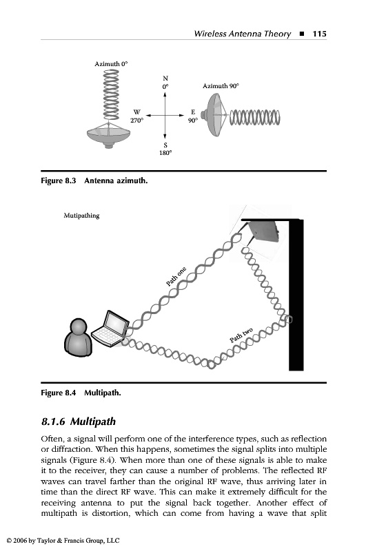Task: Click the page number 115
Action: point(319,34)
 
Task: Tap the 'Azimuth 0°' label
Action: point(111,64)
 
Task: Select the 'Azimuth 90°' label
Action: point(221,85)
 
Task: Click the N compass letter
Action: point(165,78)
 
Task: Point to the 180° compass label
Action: point(165,153)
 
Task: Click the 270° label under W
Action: point(136,120)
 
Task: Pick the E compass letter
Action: point(193,112)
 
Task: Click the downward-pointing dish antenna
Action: point(109,135)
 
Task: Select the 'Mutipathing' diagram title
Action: point(81,216)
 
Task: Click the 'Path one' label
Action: point(176,277)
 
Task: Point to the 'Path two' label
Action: point(241,335)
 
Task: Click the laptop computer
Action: point(110,329)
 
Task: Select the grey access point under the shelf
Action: point(263,231)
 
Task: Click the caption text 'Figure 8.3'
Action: point(59,180)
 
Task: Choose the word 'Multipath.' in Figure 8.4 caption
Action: point(102,393)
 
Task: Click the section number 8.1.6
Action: point(53,422)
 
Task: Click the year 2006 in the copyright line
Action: point(21,541)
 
